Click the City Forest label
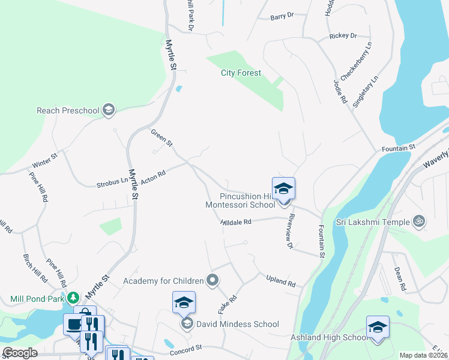(x=241, y=73)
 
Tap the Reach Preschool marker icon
(x=109, y=110)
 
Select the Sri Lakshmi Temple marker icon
(x=420, y=221)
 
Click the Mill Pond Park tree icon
(x=73, y=298)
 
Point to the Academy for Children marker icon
(x=212, y=280)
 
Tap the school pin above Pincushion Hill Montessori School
(x=283, y=188)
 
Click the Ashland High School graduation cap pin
(x=378, y=327)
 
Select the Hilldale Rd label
(x=236, y=222)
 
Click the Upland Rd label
(x=281, y=280)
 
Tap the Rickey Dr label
(x=343, y=36)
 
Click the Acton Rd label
(x=153, y=174)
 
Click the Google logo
(x=20, y=353)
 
